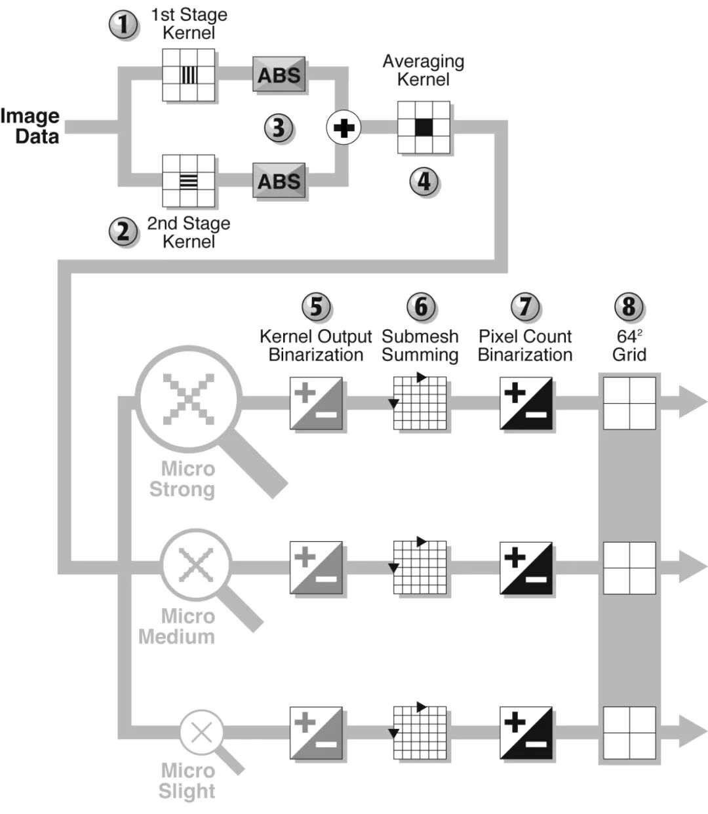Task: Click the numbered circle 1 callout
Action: (123, 26)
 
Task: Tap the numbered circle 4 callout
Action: (424, 181)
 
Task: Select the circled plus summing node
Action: (344, 127)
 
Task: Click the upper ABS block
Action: (279, 75)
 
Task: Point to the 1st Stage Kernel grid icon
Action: (189, 75)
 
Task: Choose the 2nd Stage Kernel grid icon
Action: (189, 180)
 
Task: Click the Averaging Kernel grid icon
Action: (423, 127)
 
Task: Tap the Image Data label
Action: (31, 126)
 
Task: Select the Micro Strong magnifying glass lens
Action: (189, 398)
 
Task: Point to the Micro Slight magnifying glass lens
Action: (201, 731)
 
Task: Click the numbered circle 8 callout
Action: (629, 306)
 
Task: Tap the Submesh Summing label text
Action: (420, 345)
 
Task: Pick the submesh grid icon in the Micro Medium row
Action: (420, 568)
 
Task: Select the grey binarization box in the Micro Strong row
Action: (316, 403)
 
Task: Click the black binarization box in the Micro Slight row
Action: (526, 733)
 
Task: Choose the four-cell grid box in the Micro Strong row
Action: (629, 402)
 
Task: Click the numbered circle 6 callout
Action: (421, 306)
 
